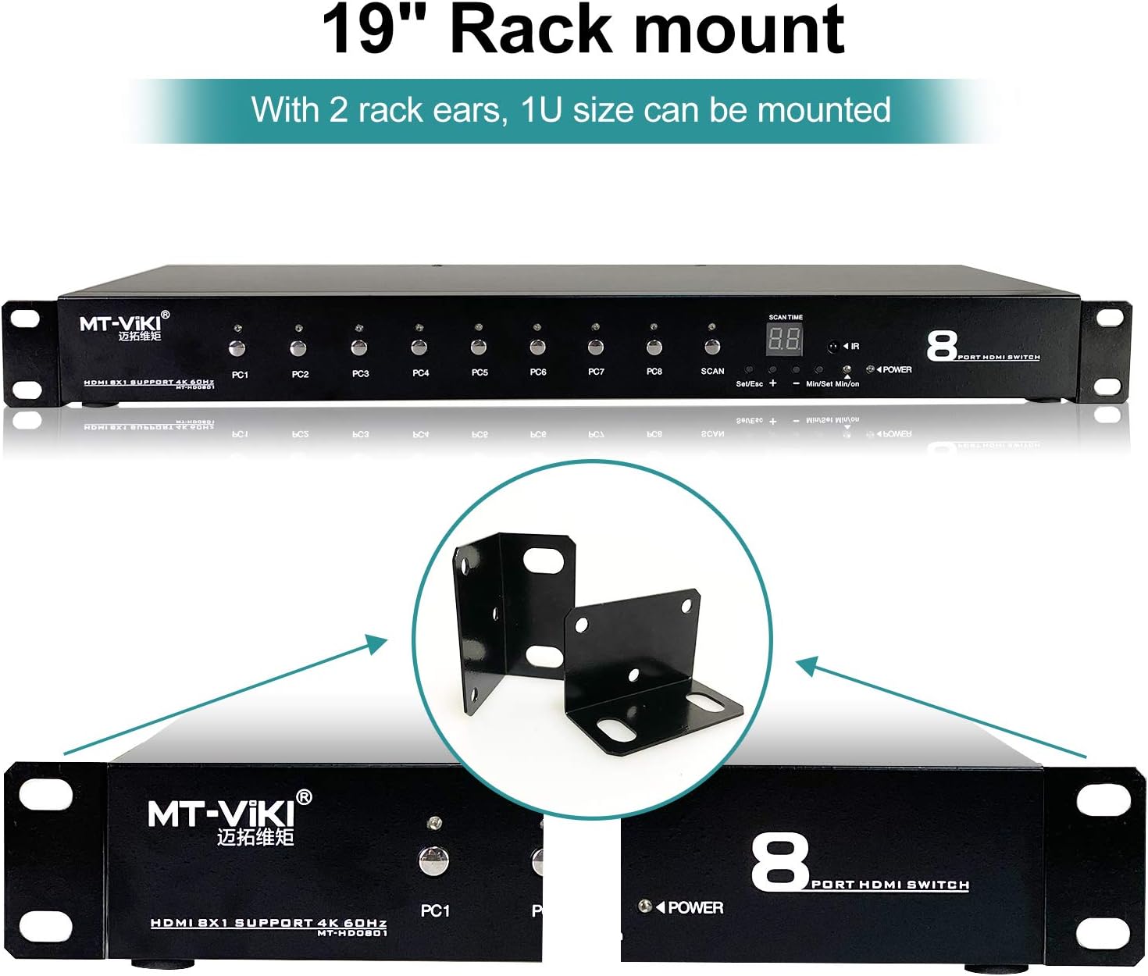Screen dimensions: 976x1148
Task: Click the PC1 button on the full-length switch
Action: (237, 348)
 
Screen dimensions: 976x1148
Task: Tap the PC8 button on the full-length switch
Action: (654, 347)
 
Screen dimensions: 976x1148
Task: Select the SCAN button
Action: (711, 347)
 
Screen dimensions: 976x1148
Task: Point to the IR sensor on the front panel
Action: (833, 346)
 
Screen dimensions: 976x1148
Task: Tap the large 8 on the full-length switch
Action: (942, 346)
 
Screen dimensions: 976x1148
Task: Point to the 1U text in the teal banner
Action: (541, 110)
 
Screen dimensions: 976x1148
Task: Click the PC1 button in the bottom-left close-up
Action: (433, 861)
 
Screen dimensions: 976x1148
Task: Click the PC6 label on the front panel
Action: (538, 372)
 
